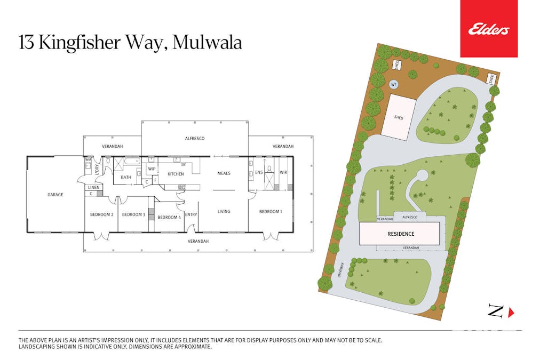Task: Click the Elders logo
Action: click(489, 29)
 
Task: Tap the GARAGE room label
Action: click(55, 195)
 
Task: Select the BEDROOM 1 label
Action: click(271, 211)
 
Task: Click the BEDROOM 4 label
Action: click(169, 217)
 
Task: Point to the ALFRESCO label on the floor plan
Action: click(195, 138)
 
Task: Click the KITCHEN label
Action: click(176, 174)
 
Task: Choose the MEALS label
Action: click(224, 173)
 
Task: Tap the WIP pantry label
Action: click(152, 169)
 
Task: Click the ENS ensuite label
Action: click(259, 172)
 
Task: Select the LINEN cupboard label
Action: click(94, 187)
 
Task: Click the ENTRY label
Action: click(191, 214)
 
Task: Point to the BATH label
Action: click(126, 177)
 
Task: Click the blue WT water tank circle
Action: click(394, 84)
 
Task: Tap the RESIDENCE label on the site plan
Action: click(401, 234)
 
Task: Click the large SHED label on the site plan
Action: click(399, 117)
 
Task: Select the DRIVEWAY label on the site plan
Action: click(341, 270)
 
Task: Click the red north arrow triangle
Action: click(511, 312)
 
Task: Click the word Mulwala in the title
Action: click(207, 43)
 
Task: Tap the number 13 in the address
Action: click(26, 43)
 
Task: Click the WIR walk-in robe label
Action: click(283, 172)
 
